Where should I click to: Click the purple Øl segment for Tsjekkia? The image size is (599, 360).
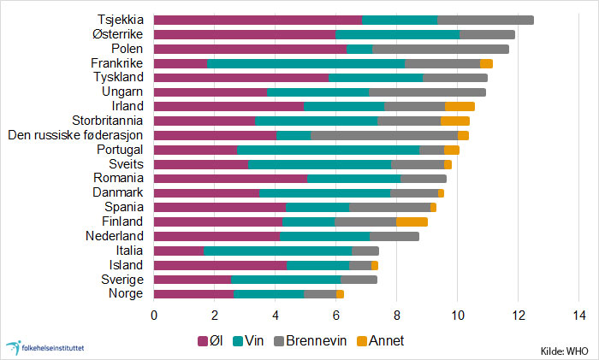coord(258,20)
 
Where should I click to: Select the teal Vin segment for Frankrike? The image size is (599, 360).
coord(305,63)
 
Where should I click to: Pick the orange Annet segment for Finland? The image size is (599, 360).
coord(412,221)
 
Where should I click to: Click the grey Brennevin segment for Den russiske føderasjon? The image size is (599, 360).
coord(384,135)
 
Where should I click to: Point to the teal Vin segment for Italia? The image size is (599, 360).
coord(277,251)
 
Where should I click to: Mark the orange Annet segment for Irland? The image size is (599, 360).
coord(460,106)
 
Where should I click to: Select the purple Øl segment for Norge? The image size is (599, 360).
coord(193,294)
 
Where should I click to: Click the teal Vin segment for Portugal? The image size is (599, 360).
coord(328,150)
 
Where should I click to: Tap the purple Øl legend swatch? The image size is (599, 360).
coord(203,340)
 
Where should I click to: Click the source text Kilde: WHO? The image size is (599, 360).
coord(566,351)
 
